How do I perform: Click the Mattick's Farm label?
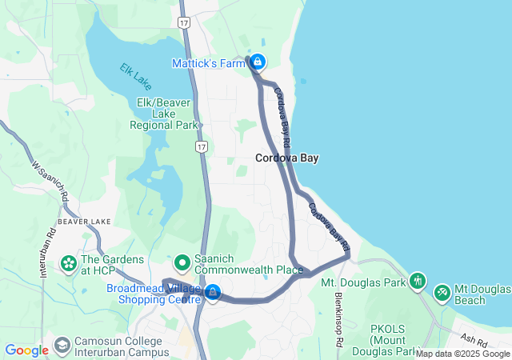point(209,62)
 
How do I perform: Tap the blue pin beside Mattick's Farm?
point(258,61)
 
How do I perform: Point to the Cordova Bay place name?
point(286,158)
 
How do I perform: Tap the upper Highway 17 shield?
point(184,24)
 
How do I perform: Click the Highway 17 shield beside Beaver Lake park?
point(202,147)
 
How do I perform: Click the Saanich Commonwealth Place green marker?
point(182,262)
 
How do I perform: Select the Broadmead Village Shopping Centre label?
point(152,294)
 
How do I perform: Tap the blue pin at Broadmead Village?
point(213,293)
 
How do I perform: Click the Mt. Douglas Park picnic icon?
point(417,281)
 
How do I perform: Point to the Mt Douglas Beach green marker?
point(442,294)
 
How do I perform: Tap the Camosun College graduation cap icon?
point(62,346)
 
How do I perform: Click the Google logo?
point(26,350)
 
